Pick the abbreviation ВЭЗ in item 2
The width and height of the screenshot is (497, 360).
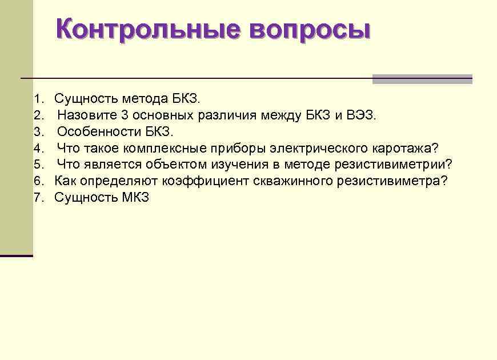[362, 115]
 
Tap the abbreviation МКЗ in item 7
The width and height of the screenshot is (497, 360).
[135, 198]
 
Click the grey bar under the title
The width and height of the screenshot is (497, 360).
[422, 79]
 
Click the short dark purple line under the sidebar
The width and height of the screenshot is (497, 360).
[17, 255]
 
